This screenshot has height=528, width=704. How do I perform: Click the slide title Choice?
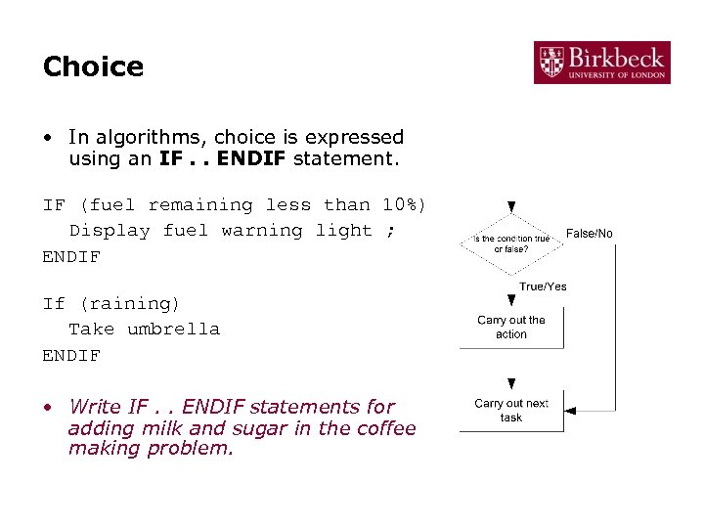93,66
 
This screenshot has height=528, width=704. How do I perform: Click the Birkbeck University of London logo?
602,62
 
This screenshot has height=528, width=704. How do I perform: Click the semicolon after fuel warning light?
391,231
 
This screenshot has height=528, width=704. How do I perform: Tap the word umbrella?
173,330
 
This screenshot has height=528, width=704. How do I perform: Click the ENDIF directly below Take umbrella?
71,356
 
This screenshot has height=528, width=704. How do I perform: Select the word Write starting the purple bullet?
95,407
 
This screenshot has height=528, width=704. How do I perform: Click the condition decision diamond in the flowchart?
511,243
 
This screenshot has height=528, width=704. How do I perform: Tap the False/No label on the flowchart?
590,234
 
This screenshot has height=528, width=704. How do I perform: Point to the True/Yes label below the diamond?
543,286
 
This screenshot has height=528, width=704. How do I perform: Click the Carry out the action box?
511,327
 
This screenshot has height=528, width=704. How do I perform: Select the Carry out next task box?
511,410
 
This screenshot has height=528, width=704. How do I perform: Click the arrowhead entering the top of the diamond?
511,207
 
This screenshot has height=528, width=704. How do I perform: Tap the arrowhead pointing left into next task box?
571,408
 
